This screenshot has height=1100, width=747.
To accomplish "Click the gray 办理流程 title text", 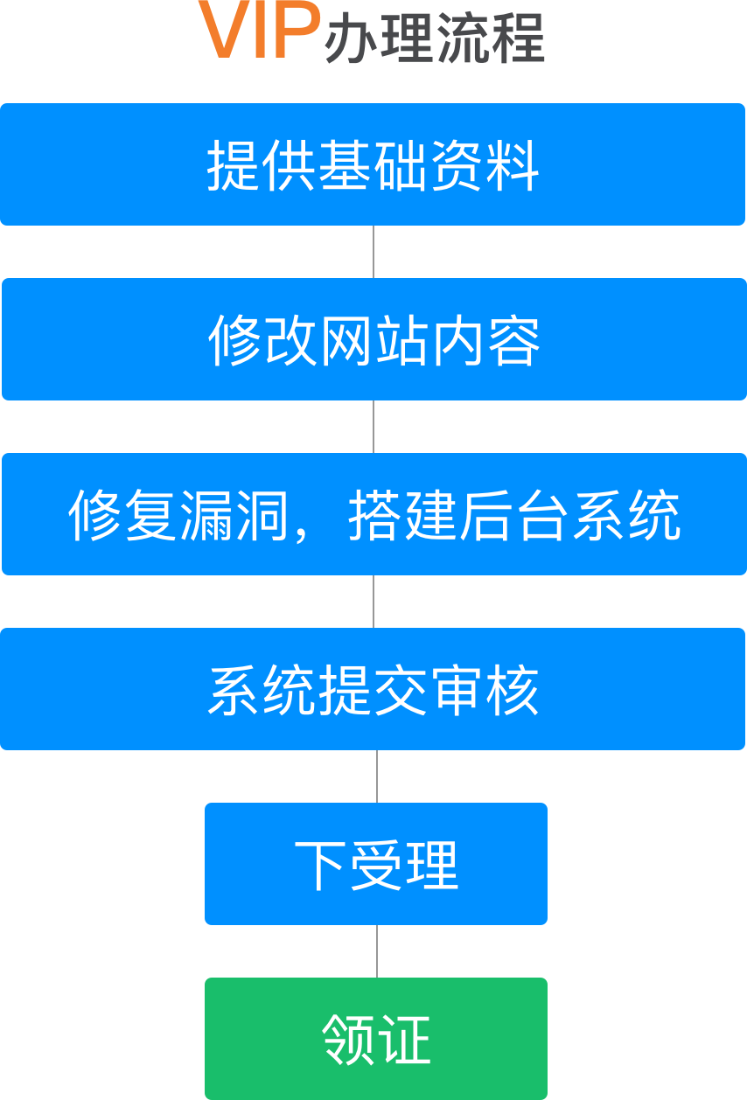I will point(435,38).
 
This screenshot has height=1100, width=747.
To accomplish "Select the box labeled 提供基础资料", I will point(373,164).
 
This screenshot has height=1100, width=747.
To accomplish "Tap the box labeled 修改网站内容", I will point(373,339).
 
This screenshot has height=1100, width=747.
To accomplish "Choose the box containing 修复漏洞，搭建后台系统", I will point(373,514).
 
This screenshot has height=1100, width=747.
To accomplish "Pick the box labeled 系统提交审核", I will point(373,689).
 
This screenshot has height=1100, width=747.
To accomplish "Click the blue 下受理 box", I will point(376,864).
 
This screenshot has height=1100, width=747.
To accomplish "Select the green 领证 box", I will point(376,1039).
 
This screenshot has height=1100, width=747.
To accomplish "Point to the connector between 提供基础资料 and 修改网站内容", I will point(373,252).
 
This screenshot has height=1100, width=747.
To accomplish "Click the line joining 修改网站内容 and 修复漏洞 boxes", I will point(373,427).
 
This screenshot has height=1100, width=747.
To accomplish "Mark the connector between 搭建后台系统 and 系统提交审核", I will point(373,602).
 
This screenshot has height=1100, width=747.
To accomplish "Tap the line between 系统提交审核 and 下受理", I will point(377,776).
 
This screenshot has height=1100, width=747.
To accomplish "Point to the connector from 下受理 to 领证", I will point(377,951).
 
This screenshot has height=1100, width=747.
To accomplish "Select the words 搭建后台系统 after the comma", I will point(513,515).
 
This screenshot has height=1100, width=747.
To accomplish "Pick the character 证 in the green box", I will point(404,1040).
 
